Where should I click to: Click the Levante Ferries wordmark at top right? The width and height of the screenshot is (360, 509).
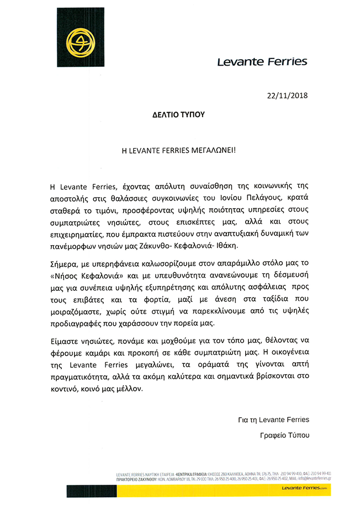tap(262, 61)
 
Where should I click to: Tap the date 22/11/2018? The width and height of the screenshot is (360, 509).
tap(286, 95)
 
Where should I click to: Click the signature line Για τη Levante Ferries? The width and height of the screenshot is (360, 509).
tap(270, 420)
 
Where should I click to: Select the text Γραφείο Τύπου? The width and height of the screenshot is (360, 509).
tap(284, 436)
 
